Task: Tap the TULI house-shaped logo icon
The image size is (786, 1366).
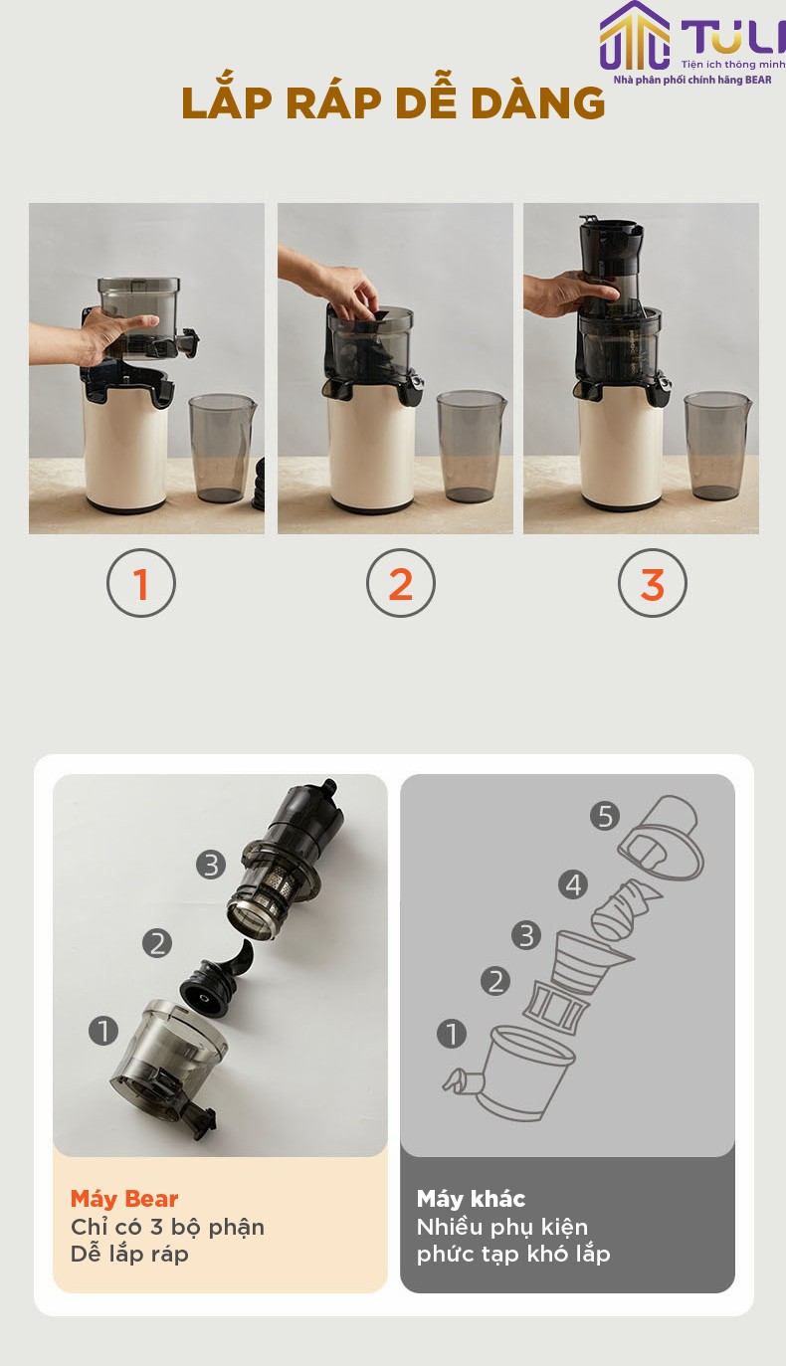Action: [634, 36]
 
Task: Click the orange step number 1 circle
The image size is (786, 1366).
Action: [141, 583]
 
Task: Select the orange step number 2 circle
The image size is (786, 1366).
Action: [401, 583]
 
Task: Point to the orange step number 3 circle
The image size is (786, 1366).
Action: [653, 583]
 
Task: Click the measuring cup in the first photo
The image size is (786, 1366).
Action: [222, 449]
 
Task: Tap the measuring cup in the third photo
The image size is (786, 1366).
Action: [717, 446]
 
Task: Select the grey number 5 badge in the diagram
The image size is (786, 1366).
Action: [605, 816]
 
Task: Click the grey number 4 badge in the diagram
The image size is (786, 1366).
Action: [573, 884]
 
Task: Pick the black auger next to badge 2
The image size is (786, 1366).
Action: [217, 981]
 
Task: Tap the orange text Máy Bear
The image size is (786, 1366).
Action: [124, 1199]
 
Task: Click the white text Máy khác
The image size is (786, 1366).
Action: [471, 1199]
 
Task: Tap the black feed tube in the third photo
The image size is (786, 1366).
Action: [610, 263]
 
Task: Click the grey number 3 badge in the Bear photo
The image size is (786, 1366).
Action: [211, 865]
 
